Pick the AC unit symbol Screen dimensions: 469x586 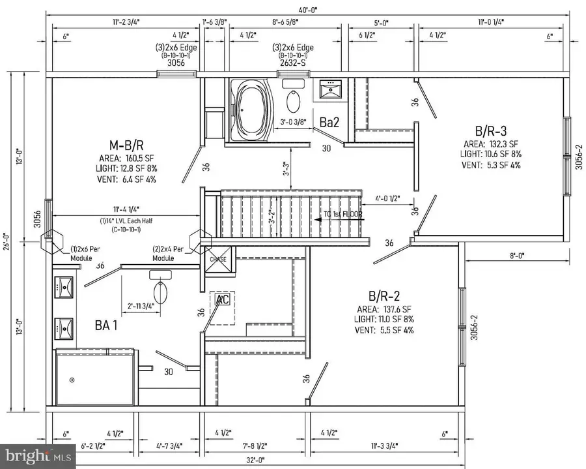click(x=223, y=300)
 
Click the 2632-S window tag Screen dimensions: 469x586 click(x=294, y=64)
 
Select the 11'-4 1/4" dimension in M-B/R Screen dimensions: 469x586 click(x=123, y=209)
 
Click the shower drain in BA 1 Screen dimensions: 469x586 click(x=72, y=379)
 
